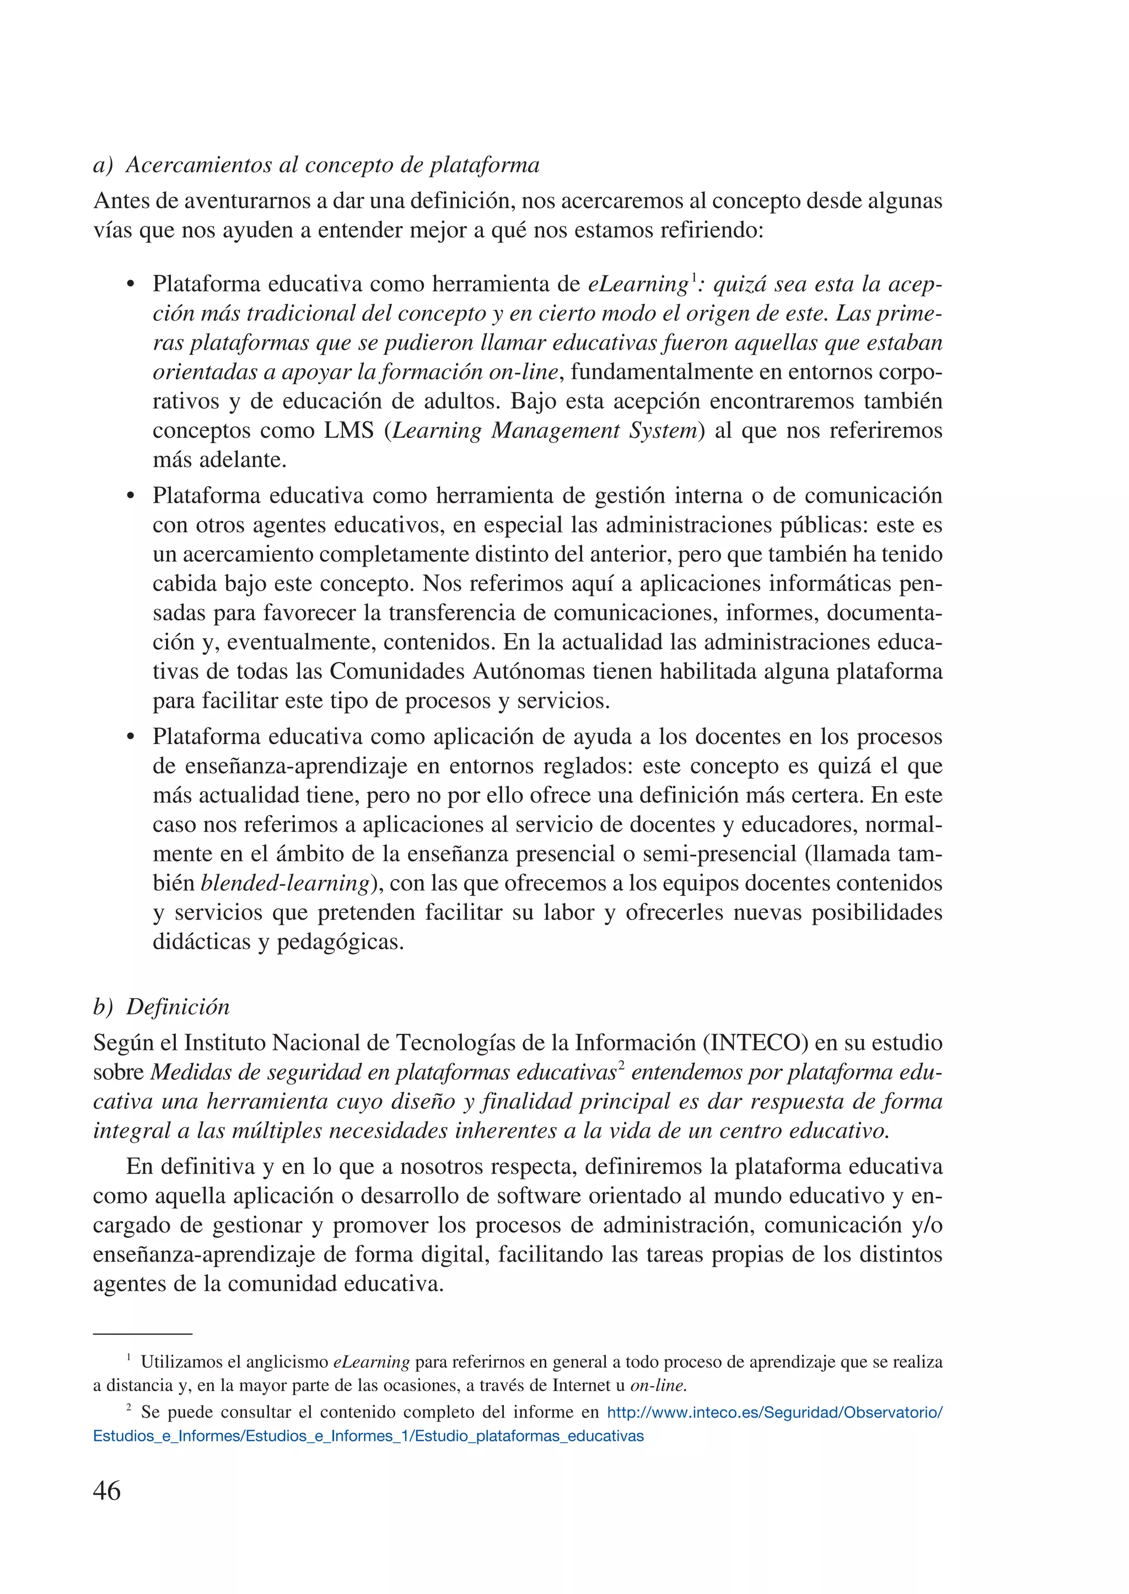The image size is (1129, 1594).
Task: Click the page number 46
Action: point(107,1490)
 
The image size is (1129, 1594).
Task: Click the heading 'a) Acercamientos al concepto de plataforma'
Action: point(316,165)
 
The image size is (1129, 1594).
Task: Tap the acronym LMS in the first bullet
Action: point(349,430)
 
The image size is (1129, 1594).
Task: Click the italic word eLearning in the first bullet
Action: point(637,284)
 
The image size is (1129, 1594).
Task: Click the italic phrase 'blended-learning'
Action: point(285,883)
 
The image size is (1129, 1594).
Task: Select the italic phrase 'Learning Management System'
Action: point(544,430)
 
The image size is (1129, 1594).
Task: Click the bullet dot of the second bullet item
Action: point(130,497)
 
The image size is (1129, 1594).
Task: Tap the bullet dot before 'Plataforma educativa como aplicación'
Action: point(130,737)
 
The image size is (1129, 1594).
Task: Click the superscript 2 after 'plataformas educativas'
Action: point(621,1067)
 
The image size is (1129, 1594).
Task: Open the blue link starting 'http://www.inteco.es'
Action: point(775,1413)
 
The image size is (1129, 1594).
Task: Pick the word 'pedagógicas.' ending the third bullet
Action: point(340,942)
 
